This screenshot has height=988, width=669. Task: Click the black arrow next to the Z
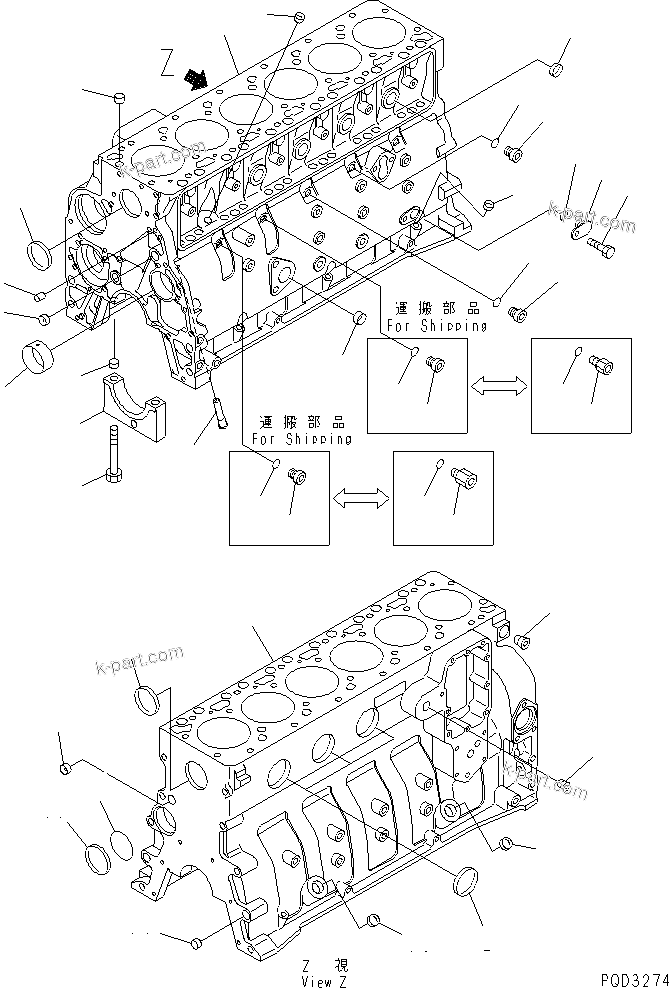click(x=198, y=78)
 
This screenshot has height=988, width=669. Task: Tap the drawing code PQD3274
click(x=631, y=977)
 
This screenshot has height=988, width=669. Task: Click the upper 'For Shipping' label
click(x=438, y=326)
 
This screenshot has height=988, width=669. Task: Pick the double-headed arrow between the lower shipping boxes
click(x=360, y=495)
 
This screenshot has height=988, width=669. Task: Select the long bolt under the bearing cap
click(x=116, y=456)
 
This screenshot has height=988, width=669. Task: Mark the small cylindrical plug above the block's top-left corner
click(x=119, y=97)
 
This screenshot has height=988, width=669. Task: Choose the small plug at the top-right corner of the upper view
click(x=556, y=69)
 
